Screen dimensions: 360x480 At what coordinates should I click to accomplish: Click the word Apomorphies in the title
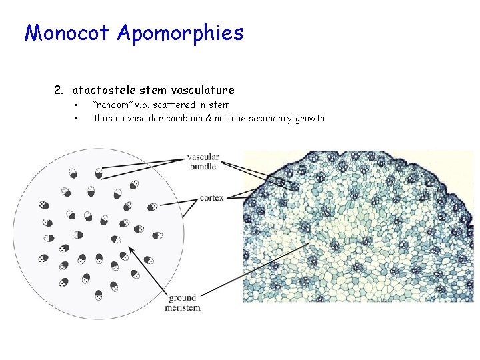point(180,33)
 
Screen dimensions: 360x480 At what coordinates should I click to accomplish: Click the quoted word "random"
point(111,105)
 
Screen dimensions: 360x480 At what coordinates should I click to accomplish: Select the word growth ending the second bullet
point(310,118)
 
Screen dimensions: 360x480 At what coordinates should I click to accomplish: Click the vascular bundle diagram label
point(203,162)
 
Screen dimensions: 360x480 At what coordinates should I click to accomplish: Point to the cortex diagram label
point(212,197)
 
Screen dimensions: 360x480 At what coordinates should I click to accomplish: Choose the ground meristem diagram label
point(183,303)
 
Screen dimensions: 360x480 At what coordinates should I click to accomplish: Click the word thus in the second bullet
point(103,118)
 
